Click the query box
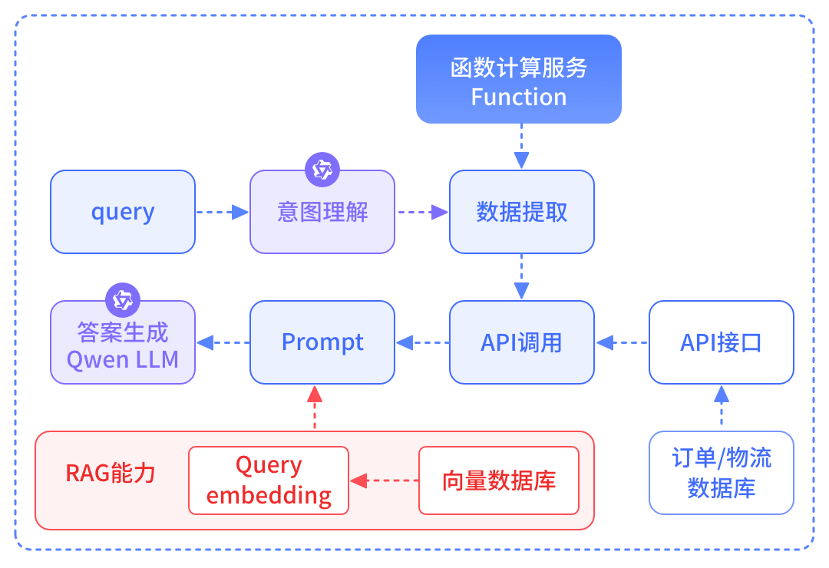123,212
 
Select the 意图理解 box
322,212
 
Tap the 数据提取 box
522,212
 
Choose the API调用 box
522,342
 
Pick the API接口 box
722,342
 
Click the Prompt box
322,342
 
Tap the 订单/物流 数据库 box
722,473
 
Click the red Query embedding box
269,480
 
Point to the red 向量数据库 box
499,480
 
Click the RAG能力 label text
111,473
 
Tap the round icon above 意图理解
322,170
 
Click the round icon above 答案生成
123,300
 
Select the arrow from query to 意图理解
223,212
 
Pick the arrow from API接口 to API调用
622,342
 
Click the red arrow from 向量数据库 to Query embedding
384,481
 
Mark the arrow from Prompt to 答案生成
223,342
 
